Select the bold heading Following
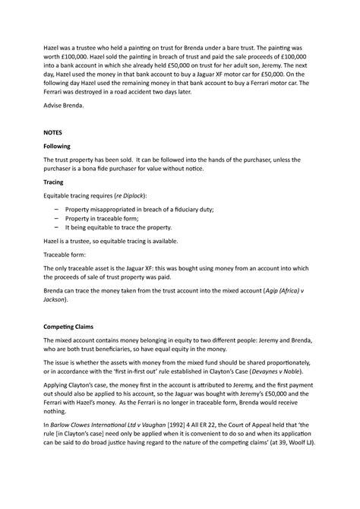pos(62,146)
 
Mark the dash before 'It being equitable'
pos(58,226)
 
